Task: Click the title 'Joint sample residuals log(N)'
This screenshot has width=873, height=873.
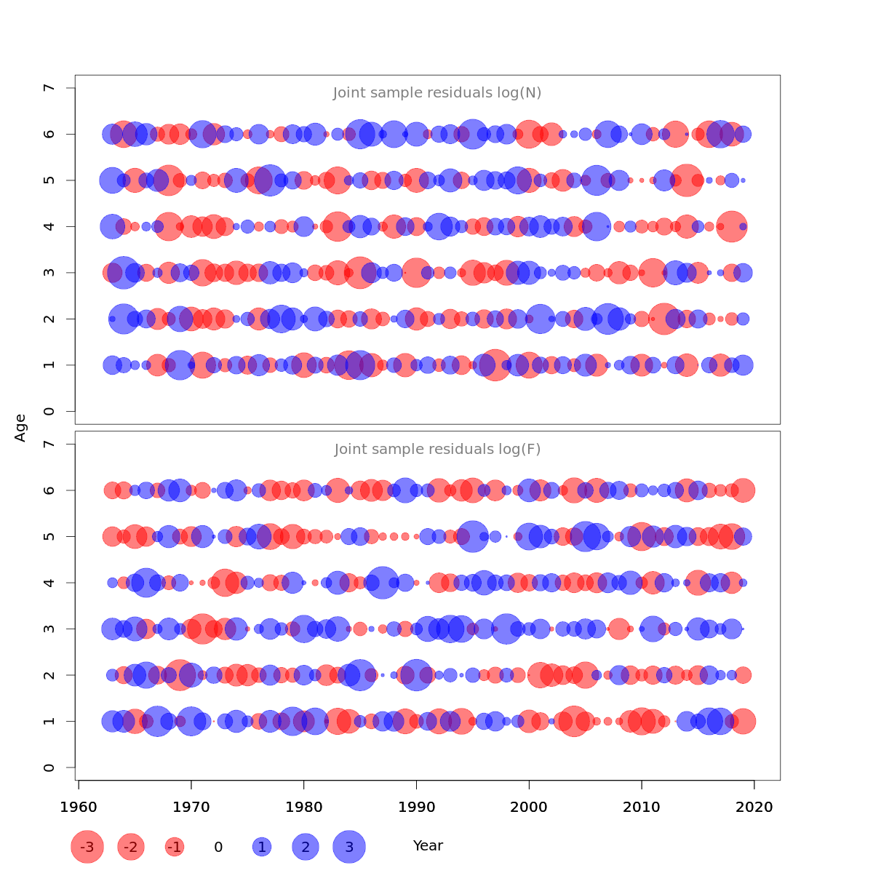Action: tap(437, 93)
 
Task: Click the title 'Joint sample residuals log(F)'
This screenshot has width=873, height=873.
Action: tap(437, 450)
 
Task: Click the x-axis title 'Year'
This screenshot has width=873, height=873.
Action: tap(428, 846)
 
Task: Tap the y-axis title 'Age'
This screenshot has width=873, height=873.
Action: tap(20, 427)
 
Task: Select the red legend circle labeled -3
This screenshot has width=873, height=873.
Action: tap(87, 847)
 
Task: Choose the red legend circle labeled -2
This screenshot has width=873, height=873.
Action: tap(131, 847)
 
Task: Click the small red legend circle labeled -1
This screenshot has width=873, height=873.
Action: tap(175, 847)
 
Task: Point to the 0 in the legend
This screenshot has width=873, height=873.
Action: tap(218, 847)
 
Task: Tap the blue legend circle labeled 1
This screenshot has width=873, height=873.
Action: tap(262, 847)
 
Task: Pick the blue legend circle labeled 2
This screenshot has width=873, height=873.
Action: tap(306, 847)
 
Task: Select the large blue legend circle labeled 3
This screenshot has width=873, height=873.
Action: tap(349, 847)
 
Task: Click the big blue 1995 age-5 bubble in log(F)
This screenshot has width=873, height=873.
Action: tap(472, 537)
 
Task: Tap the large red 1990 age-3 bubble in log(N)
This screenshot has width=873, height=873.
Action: tap(416, 273)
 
